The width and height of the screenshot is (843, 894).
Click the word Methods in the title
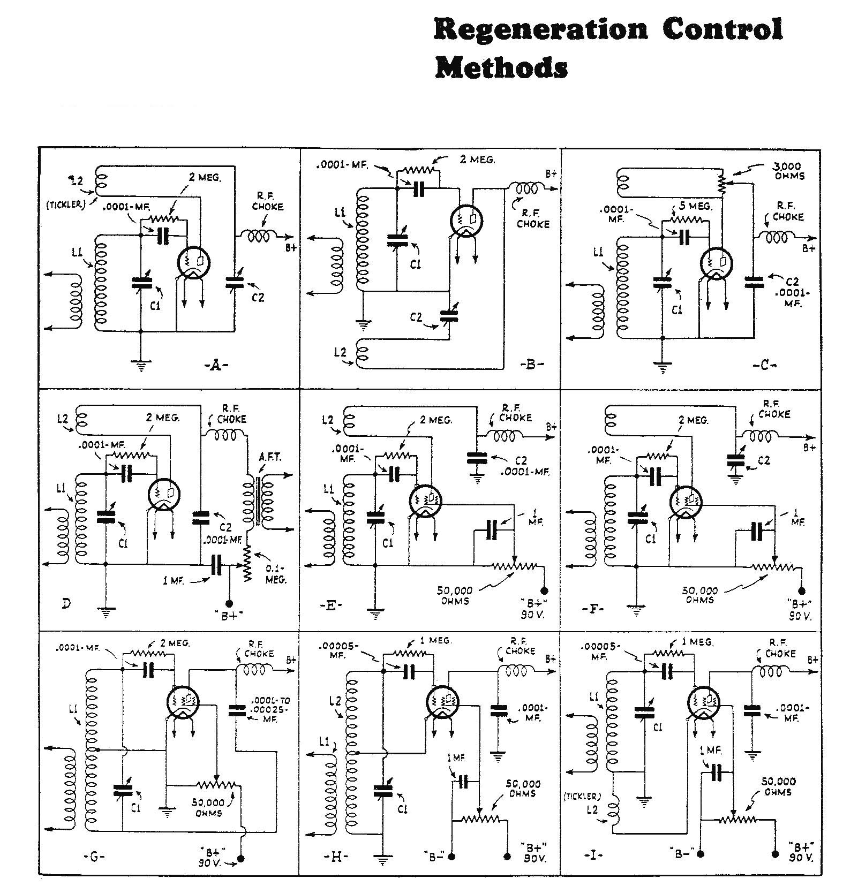(x=501, y=68)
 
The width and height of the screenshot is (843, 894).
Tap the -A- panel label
(x=216, y=365)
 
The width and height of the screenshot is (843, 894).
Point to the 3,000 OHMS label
(x=788, y=171)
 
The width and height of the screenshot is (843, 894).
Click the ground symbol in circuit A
(x=140, y=367)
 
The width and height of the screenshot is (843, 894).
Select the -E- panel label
(x=329, y=605)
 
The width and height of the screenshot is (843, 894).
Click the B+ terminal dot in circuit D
(x=230, y=603)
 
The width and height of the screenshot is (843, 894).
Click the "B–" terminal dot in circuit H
(x=452, y=857)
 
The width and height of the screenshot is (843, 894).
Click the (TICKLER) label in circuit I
(x=583, y=796)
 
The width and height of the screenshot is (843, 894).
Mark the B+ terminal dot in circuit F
(x=801, y=590)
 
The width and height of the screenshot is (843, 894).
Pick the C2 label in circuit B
(x=416, y=318)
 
